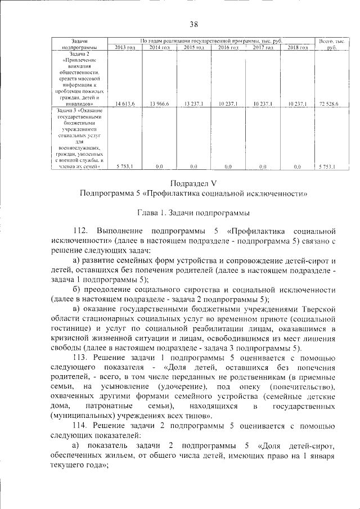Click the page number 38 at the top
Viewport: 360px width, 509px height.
193,24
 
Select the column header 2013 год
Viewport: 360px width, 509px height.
123,48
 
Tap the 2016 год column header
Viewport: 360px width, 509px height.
228,48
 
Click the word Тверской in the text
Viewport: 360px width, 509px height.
318,309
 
